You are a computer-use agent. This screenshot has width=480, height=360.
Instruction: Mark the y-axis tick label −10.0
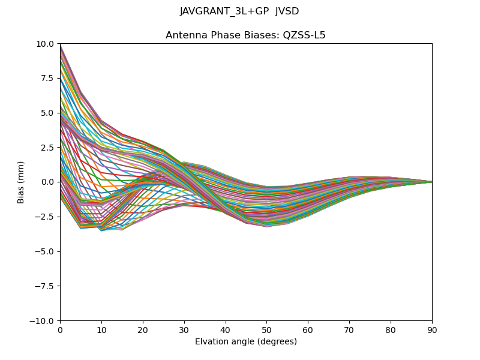(x=44, y=321)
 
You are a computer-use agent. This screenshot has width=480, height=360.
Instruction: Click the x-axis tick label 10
(x=101, y=329)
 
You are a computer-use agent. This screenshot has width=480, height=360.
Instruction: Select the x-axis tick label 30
(x=184, y=329)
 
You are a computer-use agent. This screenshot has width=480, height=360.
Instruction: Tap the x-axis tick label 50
(x=266, y=329)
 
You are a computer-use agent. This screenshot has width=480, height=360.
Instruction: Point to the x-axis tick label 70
(x=349, y=329)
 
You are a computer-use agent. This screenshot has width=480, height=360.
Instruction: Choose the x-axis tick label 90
(x=432, y=329)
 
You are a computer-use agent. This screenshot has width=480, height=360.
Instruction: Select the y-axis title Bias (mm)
(x=22, y=182)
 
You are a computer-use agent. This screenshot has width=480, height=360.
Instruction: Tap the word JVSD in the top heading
(x=287, y=11)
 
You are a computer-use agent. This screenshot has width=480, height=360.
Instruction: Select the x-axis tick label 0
(x=60, y=329)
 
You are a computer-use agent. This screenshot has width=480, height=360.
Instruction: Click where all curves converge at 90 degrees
(x=431, y=182)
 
